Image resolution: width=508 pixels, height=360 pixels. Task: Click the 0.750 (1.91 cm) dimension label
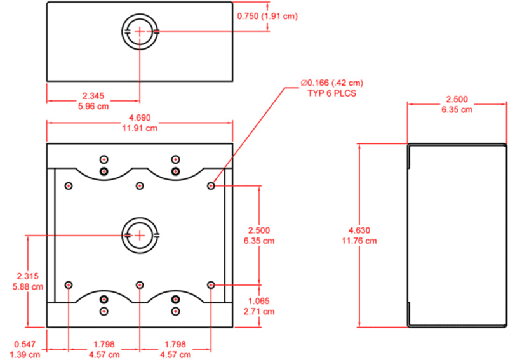(x=267, y=16)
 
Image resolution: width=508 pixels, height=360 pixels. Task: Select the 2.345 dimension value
(x=93, y=96)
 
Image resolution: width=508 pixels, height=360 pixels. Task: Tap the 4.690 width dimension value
(x=140, y=117)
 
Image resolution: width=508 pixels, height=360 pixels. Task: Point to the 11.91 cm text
(x=140, y=128)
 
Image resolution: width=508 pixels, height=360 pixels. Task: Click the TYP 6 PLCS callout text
(x=331, y=93)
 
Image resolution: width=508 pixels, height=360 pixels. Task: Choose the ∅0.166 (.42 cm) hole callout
(x=331, y=83)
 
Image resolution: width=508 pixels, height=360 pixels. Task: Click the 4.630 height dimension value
(x=359, y=230)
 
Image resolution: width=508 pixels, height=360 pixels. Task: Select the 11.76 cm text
(x=359, y=241)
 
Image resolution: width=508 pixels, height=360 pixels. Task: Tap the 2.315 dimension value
(x=28, y=276)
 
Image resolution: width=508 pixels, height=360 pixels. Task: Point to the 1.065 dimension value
(x=259, y=301)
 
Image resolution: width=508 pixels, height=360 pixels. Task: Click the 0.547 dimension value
(x=25, y=344)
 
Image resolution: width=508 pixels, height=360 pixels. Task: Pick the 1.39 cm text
(x=25, y=354)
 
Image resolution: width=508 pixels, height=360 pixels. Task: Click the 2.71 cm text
(x=259, y=311)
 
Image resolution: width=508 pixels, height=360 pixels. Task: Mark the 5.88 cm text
(x=28, y=287)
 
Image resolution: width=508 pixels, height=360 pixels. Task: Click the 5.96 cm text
(x=93, y=106)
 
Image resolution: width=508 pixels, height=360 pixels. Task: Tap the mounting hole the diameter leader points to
(x=211, y=186)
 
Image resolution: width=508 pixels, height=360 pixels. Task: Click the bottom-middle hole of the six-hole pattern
(x=140, y=285)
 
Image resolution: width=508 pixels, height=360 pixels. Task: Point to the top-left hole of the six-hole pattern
(x=69, y=186)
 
